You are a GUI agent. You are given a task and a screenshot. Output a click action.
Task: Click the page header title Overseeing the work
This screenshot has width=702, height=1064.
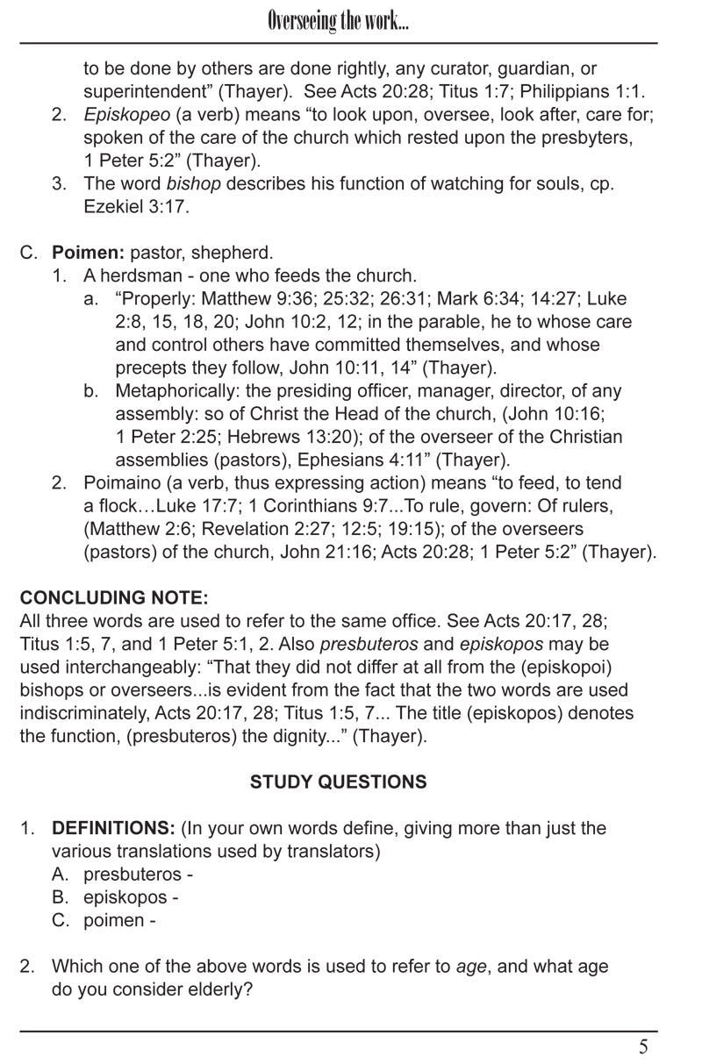pos(338,22)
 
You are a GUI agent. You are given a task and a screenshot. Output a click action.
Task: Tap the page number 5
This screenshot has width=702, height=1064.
pos(643,1046)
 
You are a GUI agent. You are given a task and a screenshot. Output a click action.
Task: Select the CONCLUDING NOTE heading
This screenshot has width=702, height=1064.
pos(114,598)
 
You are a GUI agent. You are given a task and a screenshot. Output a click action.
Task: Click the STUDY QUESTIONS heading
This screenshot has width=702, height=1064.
pos(338,782)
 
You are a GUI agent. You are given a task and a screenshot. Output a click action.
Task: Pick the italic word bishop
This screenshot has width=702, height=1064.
pos(194,184)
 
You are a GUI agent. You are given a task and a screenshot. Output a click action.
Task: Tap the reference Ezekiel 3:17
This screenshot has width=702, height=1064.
pos(136,207)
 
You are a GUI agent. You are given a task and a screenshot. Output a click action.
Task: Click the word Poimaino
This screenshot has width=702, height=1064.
pos(120,483)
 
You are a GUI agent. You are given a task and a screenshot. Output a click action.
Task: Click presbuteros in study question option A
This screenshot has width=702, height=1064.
pos(133,875)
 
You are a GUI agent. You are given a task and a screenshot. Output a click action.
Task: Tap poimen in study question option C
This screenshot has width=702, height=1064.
pos(113,920)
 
